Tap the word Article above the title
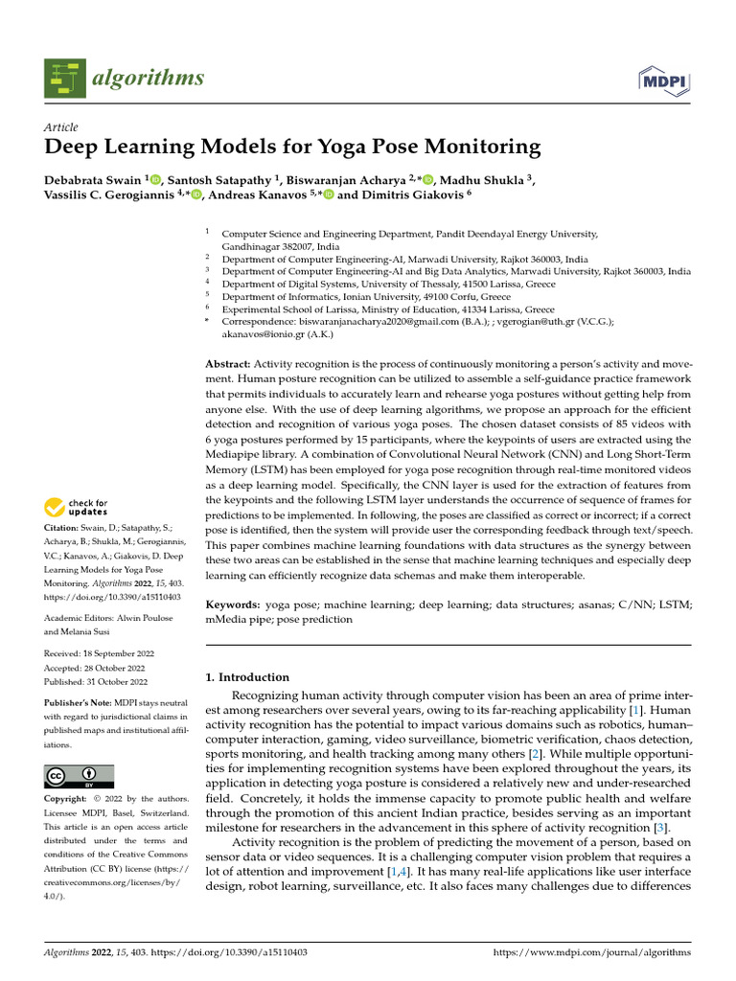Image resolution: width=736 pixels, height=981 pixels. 61,127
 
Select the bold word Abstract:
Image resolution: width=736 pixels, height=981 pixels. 228,365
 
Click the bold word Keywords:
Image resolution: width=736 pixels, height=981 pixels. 233,605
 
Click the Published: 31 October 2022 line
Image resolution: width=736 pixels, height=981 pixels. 96,681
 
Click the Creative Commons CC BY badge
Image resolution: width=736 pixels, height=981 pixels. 79,776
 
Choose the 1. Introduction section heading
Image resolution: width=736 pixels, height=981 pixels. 247,676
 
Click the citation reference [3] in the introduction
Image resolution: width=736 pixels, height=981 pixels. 658,828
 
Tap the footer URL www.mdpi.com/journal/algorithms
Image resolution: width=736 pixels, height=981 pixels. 591,952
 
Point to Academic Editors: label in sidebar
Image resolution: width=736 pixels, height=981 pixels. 80,618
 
